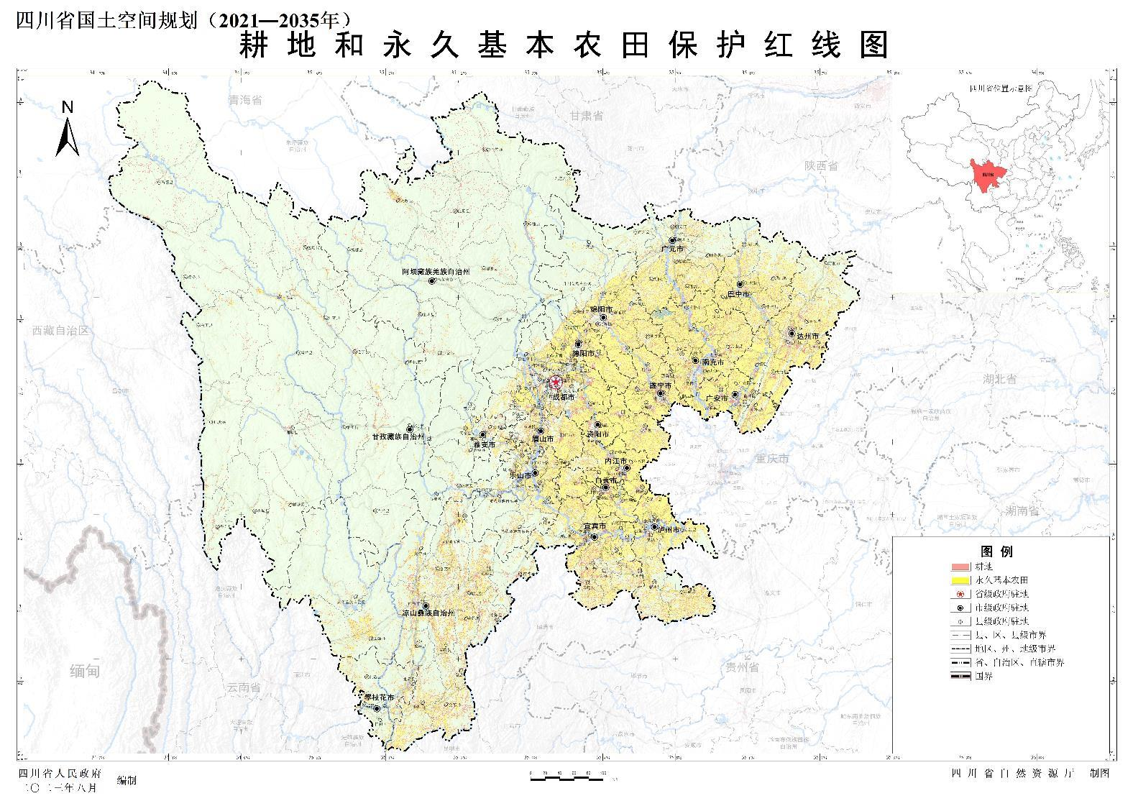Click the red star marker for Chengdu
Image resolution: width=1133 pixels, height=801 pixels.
coord(556,383)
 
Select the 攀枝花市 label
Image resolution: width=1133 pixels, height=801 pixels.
coord(377,697)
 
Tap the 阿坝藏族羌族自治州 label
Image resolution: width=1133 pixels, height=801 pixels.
coord(435,273)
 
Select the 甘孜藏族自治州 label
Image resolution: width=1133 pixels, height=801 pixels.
coord(398,436)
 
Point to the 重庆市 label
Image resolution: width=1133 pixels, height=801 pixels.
coord(772,458)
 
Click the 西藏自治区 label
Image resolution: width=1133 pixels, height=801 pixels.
coord(60,331)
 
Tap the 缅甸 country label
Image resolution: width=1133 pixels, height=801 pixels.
coord(85,672)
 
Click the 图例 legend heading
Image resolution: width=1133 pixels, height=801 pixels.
coord(996,551)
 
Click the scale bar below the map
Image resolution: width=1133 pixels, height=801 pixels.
coord(567,776)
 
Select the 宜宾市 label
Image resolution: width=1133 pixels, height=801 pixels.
coord(594,527)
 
